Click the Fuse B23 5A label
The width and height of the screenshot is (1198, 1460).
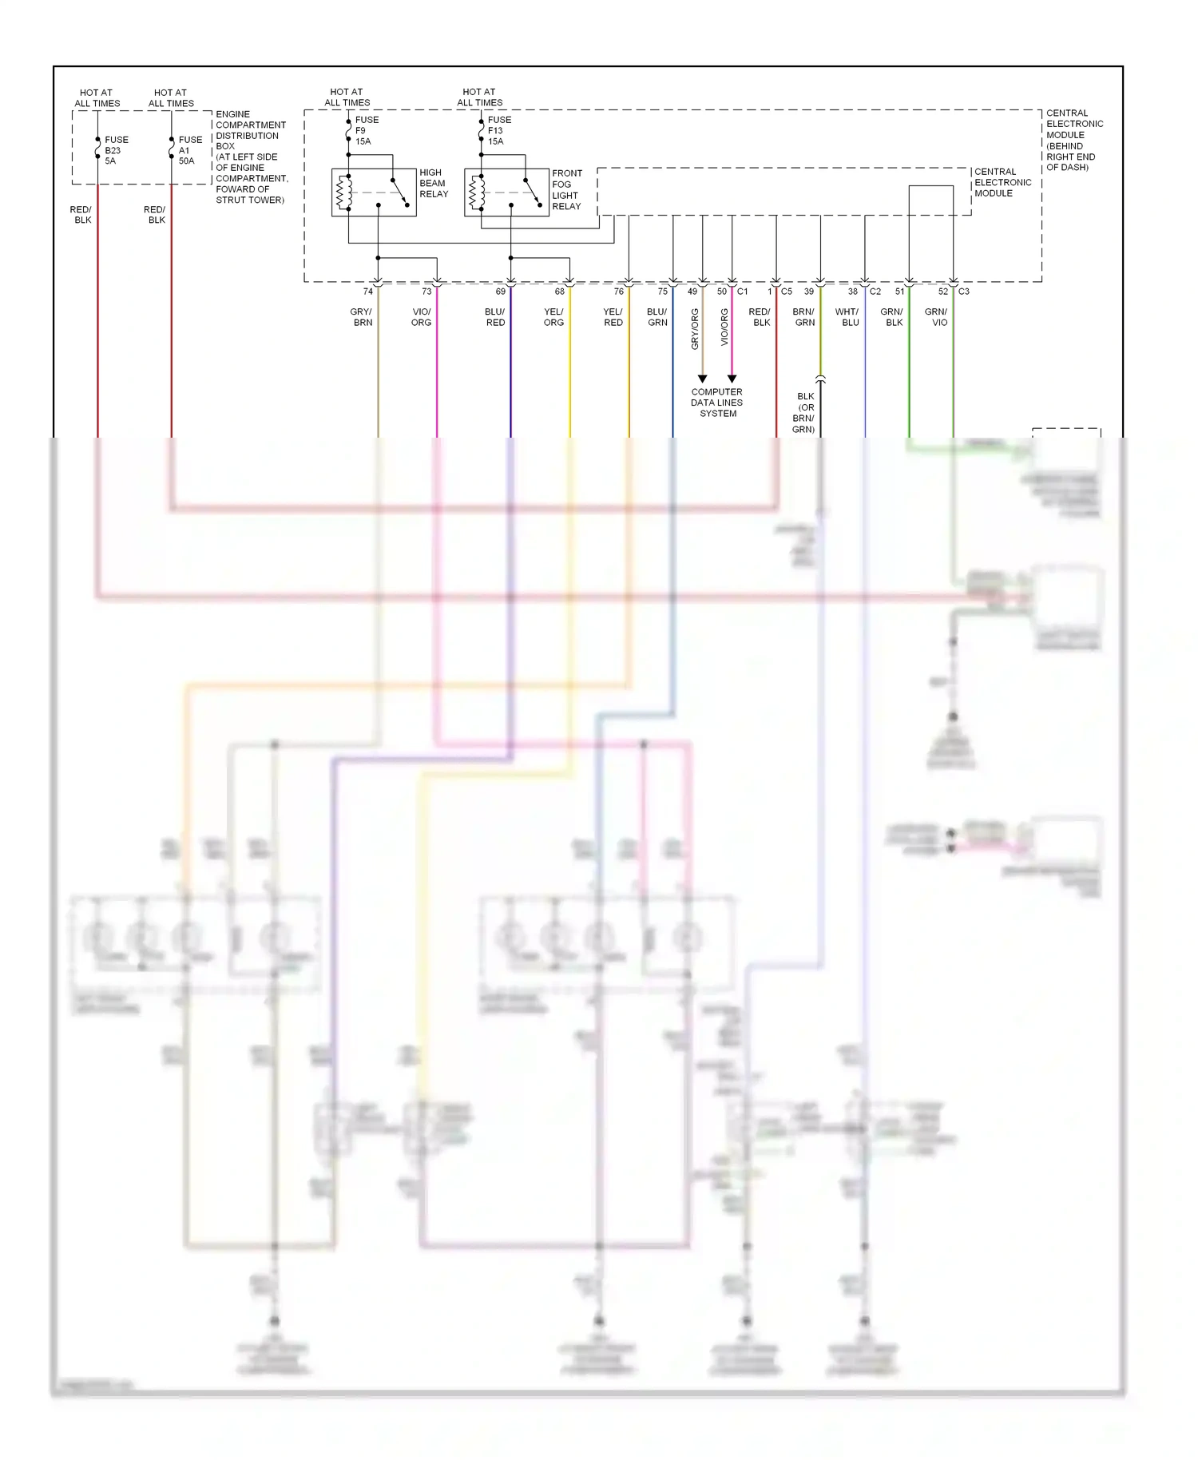[116, 150]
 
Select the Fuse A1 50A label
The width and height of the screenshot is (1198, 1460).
[190, 150]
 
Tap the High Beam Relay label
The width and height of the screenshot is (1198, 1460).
[434, 183]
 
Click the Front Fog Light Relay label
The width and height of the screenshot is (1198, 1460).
[567, 190]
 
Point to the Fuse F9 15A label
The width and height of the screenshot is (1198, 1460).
[367, 130]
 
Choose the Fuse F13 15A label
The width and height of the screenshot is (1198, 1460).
[499, 130]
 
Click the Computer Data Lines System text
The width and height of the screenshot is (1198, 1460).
[716, 403]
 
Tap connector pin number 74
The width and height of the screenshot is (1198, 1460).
[367, 292]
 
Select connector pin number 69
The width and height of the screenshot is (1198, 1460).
[500, 292]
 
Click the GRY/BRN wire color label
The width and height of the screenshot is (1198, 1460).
[362, 317]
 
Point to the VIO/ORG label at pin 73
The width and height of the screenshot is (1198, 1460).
[421, 317]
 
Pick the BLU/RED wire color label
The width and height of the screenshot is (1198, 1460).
[495, 317]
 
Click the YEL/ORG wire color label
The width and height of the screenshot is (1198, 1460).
[553, 317]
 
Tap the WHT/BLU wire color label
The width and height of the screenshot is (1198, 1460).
[847, 317]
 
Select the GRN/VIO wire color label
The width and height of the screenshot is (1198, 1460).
[936, 317]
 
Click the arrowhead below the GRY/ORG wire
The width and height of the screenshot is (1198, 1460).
[702, 379]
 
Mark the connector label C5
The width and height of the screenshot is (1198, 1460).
[787, 292]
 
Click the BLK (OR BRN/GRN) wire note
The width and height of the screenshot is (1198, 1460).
[804, 413]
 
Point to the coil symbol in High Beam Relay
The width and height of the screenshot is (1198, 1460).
[344, 192]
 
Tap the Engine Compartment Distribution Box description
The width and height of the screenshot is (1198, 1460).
[250, 157]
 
